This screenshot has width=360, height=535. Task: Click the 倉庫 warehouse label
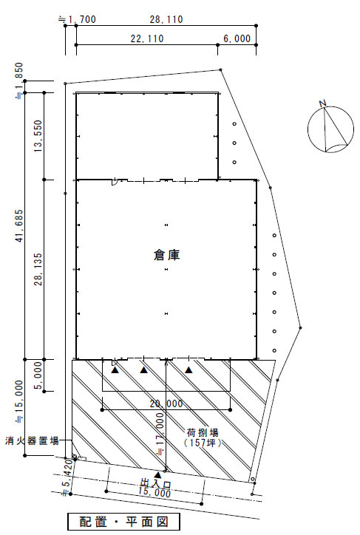(166, 255)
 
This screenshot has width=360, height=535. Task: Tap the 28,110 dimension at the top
(166, 19)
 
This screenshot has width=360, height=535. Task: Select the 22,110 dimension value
(147, 38)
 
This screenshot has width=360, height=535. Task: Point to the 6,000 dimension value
(237, 38)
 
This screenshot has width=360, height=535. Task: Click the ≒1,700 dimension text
(77, 19)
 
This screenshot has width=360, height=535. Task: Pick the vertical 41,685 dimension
(20, 225)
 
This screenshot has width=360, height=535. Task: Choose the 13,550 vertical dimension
(38, 136)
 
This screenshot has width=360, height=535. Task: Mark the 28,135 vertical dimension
(38, 269)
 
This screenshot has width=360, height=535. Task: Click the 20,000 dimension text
(166, 403)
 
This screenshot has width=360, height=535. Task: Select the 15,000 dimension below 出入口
(154, 492)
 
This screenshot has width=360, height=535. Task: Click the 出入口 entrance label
(156, 484)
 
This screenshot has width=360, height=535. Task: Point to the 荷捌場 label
(203, 433)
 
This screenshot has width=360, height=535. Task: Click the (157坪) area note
(203, 443)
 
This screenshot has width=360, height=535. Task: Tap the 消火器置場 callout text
(32, 440)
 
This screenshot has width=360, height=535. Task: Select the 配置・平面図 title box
(123, 522)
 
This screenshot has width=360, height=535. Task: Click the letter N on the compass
(322, 103)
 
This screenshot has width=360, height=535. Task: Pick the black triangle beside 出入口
(157, 474)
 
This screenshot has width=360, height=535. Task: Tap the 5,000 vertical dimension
(38, 375)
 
